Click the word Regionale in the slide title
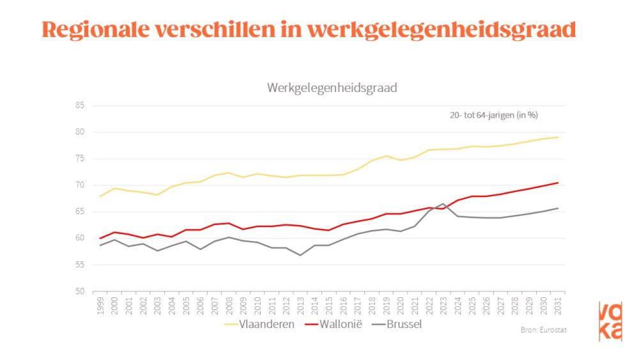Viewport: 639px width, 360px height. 96,29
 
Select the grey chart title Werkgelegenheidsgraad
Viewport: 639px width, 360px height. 332,88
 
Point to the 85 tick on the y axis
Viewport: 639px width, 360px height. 80,106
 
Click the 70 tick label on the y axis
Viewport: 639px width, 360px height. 80,185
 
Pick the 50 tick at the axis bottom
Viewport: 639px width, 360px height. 80,291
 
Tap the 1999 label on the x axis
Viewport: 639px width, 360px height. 100,306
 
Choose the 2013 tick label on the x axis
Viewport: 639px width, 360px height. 300,306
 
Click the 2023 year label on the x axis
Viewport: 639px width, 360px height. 443,306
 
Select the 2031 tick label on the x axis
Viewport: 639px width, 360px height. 558,306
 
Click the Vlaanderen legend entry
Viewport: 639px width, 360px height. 259,325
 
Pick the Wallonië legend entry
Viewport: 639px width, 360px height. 334,325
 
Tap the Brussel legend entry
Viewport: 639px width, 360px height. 397,325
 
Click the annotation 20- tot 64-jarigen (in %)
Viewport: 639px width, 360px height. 494,115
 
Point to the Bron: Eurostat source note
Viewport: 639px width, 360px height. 544,330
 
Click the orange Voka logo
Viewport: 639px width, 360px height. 610,321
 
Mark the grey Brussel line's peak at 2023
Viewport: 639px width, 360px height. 443,203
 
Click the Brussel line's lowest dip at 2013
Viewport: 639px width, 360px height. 300,255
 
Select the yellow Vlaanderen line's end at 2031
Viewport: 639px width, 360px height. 558,137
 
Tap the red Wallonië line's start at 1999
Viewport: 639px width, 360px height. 100,238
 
